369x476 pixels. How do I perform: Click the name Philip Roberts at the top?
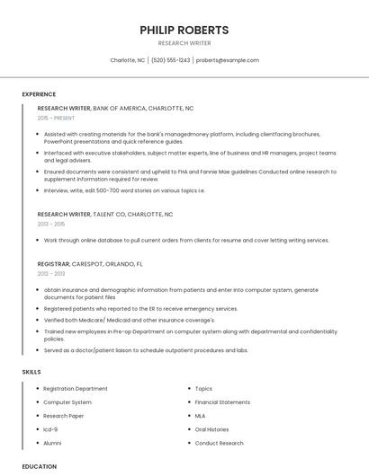point(184,30)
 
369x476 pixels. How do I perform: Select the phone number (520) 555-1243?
point(171,60)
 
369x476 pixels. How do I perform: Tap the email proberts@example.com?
point(228,60)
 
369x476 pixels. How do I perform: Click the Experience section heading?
point(39,93)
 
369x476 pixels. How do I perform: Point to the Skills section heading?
point(31,371)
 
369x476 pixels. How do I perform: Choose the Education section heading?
point(39,466)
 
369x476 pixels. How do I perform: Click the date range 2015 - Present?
point(56,118)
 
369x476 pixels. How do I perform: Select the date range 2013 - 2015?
point(51,225)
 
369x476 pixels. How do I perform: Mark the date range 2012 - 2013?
point(51,274)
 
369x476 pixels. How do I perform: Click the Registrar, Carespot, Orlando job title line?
point(90,264)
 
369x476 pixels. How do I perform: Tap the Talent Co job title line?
point(105,215)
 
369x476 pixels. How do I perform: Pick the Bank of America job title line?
point(115,108)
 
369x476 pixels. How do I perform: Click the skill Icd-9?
point(50,429)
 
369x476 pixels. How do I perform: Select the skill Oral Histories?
point(211,429)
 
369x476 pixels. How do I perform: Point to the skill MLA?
point(200,416)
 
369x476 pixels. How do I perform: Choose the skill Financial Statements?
point(222,402)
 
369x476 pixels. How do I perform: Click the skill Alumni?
point(52,443)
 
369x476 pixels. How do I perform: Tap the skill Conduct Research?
point(219,443)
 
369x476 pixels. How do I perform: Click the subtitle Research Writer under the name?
point(184,43)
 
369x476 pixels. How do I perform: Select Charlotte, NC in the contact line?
point(127,60)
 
